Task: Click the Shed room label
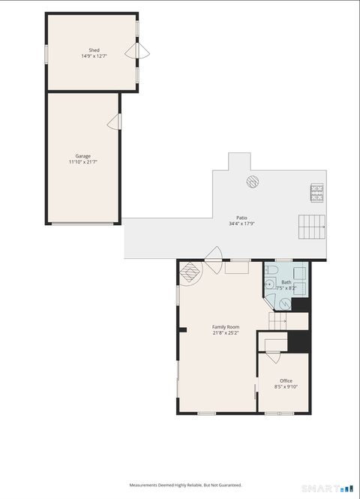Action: pyautogui.click(x=94, y=50)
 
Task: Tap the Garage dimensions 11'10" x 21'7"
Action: pyautogui.click(x=83, y=162)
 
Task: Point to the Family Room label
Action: pyautogui.click(x=225, y=327)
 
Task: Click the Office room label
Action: pyautogui.click(x=286, y=381)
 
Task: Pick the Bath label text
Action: pyautogui.click(x=286, y=282)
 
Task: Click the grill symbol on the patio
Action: pyautogui.click(x=317, y=193)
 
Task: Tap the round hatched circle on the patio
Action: pyautogui.click(x=253, y=180)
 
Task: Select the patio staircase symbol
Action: pyautogui.click(x=312, y=226)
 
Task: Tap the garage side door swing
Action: pyautogui.click(x=114, y=122)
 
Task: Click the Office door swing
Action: pyautogui.click(x=272, y=346)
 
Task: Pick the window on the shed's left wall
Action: pyautogui.click(x=46, y=53)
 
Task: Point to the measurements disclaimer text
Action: pyautogui.click(x=185, y=485)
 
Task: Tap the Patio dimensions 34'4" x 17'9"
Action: pyautogui.click(x=241, y=224)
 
